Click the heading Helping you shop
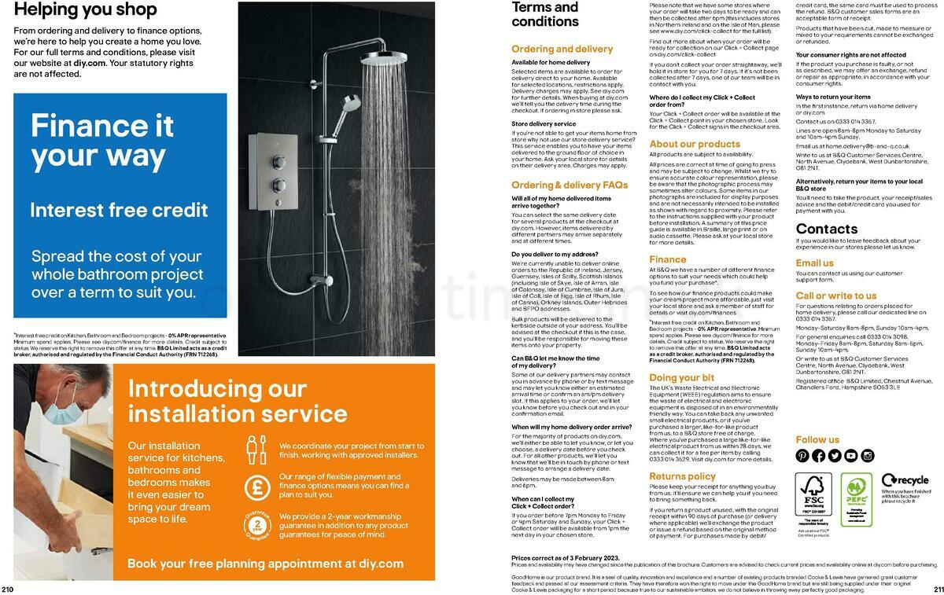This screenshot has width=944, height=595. click(85, 10)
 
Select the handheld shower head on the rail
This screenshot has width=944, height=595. click(351, 103)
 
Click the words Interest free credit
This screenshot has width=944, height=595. click(119, 210)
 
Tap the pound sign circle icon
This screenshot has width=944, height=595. click(256, 487)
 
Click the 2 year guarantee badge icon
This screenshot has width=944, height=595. click(256, 527)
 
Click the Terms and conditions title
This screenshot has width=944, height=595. click(545, 13)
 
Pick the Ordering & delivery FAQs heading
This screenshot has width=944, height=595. click(570, 185)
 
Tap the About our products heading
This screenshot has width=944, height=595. click(695, 144)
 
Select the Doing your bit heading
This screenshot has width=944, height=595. click(681, 378)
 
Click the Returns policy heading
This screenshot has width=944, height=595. click(682, 476)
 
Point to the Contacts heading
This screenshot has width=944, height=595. click(826, 229)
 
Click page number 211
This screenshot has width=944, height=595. click(936, 589)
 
